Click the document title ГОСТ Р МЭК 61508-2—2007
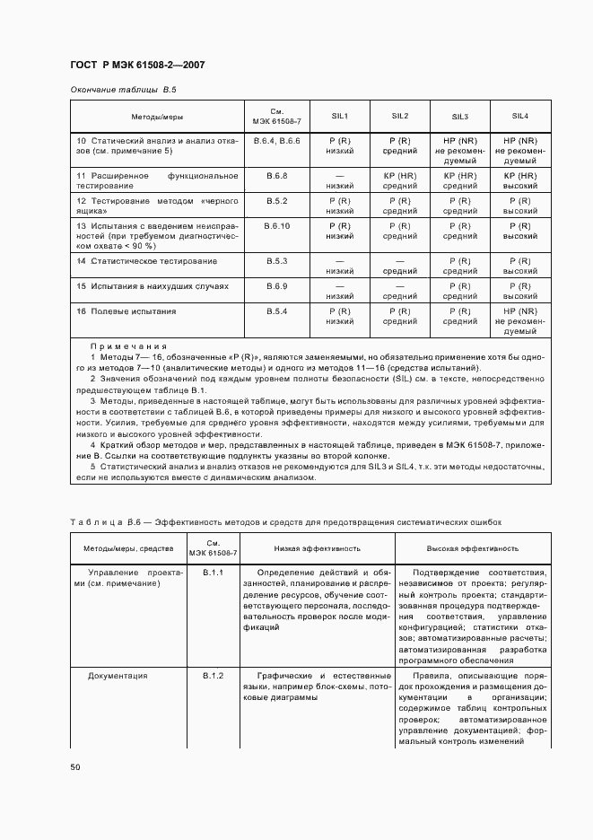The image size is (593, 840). coord(137,66)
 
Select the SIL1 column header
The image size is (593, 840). coord(340,116)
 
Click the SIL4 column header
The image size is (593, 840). coord(519,116)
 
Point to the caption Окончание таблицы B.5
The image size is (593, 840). coord(123,91)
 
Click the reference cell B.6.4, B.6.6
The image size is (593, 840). coord(276,142)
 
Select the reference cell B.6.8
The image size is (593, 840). coord(276,175)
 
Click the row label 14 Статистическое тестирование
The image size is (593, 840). coord(146,260)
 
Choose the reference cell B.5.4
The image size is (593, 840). coord(276,311)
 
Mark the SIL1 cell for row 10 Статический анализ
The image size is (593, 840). coord(340,146)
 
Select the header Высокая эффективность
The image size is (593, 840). coord(473,547)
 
